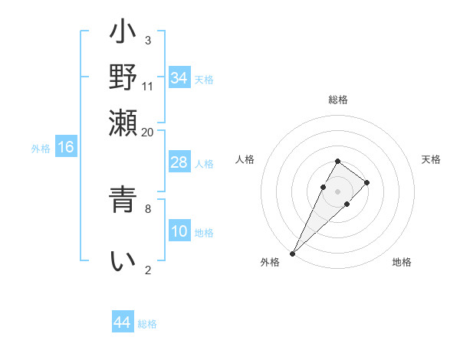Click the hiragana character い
tap(123, 261)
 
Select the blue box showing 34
tap(179, 78)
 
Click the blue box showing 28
tap(179, 163)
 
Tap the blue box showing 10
tap(179, 232)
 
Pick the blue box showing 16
tap(66, 148)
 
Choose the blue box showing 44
tap(123, 322)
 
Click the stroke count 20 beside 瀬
tap(148, 132)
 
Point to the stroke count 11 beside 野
tap(148, 86)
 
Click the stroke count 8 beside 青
tap(148, 207)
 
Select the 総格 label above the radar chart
tap(337, 100)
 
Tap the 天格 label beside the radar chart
tap(431, 159)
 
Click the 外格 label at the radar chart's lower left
tap(270, 262)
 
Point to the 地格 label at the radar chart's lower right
tap(402, 262)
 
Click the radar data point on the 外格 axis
tap(293, 253)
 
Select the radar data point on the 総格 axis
tap(337, 161)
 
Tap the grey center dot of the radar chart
tap(337, 191)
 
